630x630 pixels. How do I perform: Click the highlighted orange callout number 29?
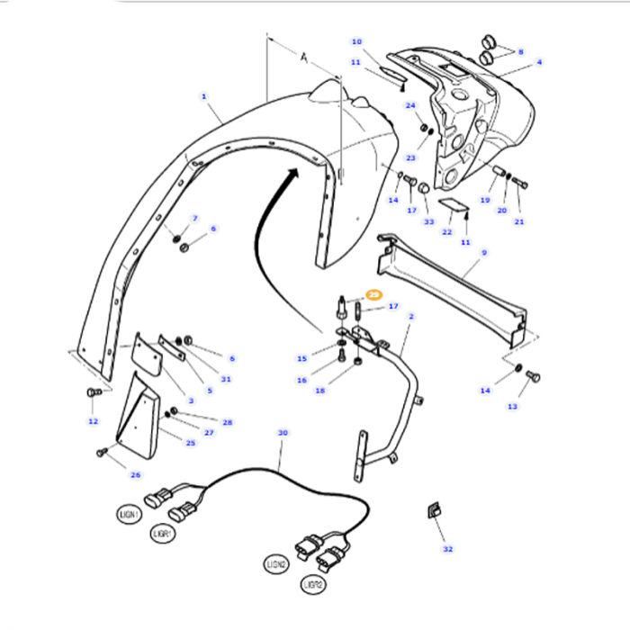374,294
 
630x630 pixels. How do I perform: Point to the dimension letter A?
304,58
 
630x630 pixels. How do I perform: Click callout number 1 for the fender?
204,96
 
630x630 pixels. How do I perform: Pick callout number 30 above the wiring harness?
283,433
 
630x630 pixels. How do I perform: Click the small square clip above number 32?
432,511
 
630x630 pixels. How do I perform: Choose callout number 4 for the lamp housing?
539,62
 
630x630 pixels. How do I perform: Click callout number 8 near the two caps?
519,53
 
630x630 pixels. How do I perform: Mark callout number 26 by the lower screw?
136,475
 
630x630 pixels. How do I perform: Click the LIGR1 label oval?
163,534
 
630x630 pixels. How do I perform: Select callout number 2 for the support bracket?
411,317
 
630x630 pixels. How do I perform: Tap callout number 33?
428,222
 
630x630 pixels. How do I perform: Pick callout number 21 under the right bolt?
518,222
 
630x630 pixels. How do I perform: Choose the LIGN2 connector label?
274,563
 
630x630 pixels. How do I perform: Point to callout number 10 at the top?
356,41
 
